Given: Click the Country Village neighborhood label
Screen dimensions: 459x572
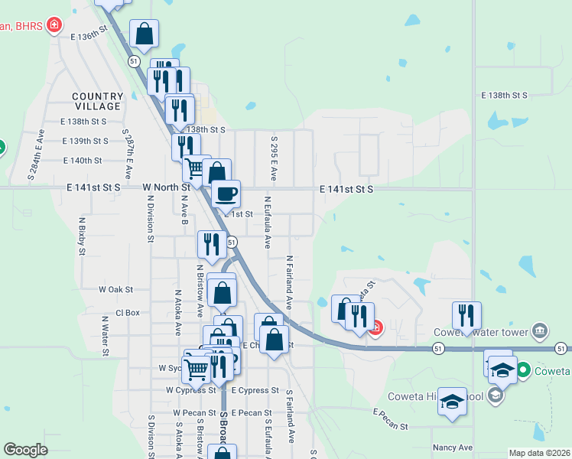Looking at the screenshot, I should [98, 101].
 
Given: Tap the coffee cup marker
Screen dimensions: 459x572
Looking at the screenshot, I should [226, 194].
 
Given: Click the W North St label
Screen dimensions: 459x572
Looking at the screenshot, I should [166, 187].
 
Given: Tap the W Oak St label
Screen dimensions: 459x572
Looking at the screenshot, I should [116, 290].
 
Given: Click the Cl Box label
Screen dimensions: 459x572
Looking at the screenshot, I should [128, 313].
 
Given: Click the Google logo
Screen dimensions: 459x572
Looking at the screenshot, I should [25, 450].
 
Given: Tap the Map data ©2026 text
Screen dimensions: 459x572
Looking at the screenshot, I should [539, 453].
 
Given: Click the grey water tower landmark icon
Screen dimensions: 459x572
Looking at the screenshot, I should [540, 330].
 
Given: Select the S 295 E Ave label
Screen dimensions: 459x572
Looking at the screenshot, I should [273, 159].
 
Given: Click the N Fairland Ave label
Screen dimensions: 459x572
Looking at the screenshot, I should [290, 282].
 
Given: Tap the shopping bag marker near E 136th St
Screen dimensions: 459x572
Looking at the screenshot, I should [144, 34].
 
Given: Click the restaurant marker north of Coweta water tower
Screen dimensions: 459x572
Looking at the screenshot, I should [466, 315].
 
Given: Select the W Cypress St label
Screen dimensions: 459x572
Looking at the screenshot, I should [191, 390].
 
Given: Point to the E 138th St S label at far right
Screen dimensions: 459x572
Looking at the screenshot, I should [504, 96].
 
